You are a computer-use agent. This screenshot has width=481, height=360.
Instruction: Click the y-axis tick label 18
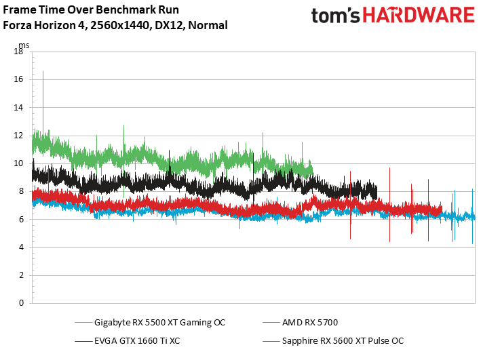[x=18, y=52]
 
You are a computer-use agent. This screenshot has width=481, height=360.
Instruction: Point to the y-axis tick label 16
[x=18, y=79]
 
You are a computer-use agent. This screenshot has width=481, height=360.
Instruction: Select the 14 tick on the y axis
[x=18, y=107]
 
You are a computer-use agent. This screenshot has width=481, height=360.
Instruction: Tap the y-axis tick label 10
[x=18, y=163]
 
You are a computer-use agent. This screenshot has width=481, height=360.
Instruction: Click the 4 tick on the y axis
[x=21, y=247]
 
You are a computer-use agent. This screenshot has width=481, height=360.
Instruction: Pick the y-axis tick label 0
[x=21, y=303]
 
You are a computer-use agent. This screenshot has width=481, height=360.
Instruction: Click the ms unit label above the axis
[x=24, y=45]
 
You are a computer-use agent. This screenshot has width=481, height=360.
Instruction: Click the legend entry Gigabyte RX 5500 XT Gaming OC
[x=159, y=323]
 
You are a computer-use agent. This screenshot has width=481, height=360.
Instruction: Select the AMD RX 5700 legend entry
[x=310, y=323]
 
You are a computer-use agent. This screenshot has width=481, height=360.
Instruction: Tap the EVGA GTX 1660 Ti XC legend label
[x=137, y=341]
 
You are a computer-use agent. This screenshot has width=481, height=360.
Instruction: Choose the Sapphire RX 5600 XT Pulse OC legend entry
[x=343, y=341]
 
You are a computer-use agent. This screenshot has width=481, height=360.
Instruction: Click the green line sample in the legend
[x=83, y=323]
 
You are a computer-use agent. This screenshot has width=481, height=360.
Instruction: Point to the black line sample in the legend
[x=83, y=341]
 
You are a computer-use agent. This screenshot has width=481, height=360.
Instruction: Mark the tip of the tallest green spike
[x=43, y=71]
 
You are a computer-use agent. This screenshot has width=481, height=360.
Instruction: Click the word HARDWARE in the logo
[x=419, y=16]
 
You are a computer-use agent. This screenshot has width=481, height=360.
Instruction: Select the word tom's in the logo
[x=336, y=16]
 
